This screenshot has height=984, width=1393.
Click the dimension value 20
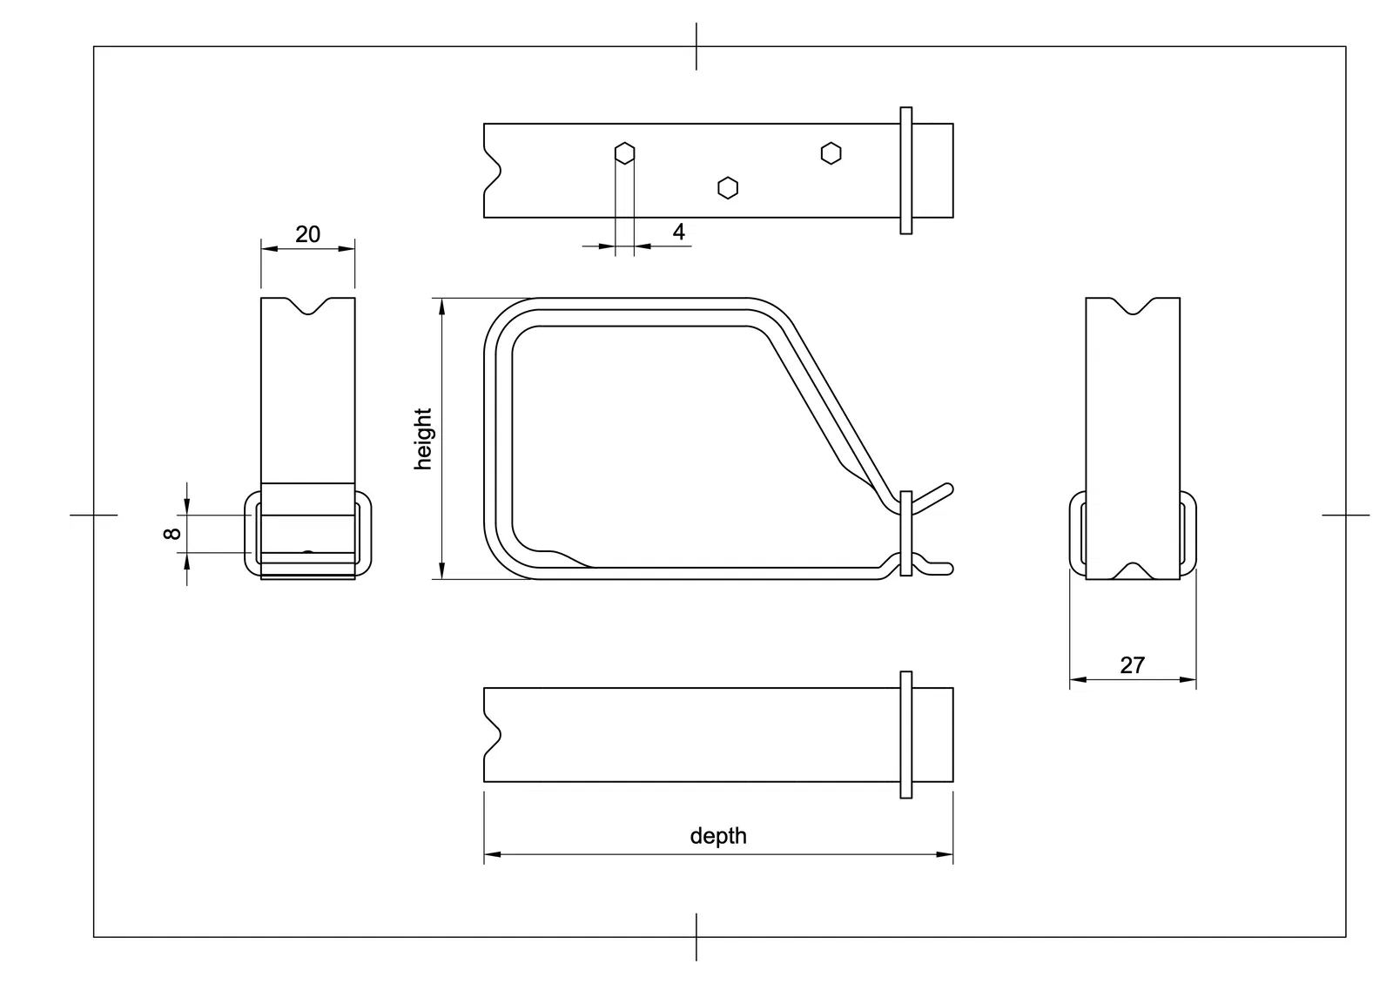click(x=308, y=234)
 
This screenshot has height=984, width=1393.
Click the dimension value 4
click(x=678, y=232)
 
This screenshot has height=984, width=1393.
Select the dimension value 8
click(x=172, y=533)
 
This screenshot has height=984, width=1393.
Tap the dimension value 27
click(x=1133, y=665)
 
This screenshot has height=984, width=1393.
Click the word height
click(x=423, y=439)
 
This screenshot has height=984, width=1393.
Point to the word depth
click(x=718, y=835)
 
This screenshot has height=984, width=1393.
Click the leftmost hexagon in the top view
click(x=624, y=153)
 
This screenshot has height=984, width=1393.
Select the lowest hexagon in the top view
click(x=728, y=188)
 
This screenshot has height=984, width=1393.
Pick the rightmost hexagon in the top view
click(x=831, y=153)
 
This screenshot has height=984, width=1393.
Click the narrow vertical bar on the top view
click(x=906, y=171)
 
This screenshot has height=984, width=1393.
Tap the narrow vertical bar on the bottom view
click(x=906, y=735)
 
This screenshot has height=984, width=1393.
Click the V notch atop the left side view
click(x=308, y=306)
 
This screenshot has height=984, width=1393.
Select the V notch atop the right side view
click(x=1133, y=306)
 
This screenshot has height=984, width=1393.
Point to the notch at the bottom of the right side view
click(x=1133, y=571)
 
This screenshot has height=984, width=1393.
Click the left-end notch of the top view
click(x=493, y=171)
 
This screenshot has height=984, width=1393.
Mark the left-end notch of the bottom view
click(x=493, y=735)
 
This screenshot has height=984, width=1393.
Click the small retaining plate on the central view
click(x=906, y=533)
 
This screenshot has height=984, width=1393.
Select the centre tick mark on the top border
click(x=696, y=46)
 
